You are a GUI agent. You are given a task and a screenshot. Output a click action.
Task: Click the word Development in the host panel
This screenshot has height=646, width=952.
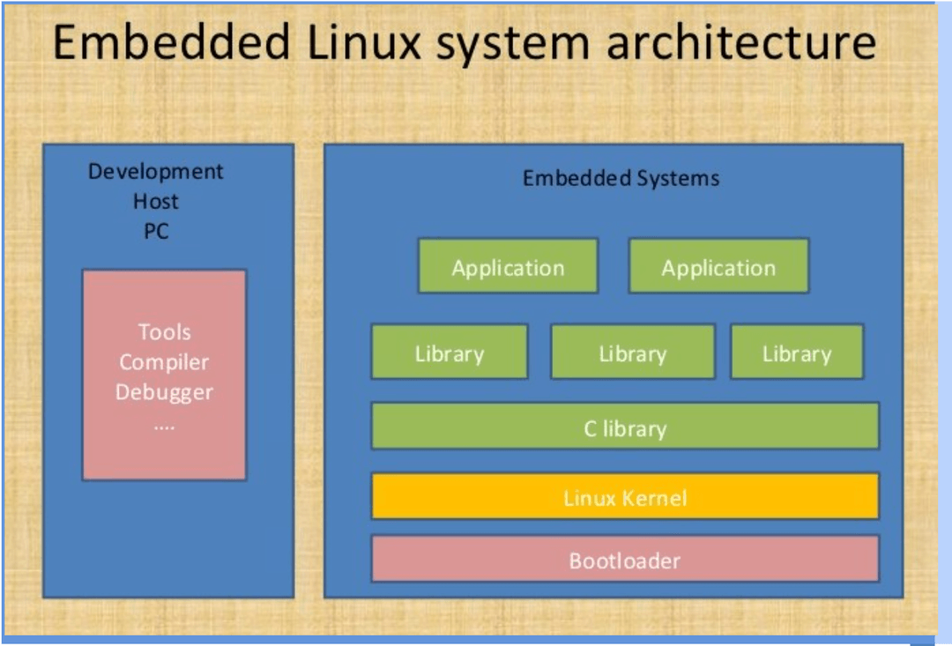[156, 171]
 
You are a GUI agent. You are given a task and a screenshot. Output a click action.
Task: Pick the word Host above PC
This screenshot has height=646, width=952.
[156, 202]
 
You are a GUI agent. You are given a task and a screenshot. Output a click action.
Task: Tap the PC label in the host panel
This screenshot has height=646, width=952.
[156, 232]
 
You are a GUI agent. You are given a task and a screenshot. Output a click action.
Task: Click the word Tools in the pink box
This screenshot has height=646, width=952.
[164, 332]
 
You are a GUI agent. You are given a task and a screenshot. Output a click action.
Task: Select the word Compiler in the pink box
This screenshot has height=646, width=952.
[164, 362]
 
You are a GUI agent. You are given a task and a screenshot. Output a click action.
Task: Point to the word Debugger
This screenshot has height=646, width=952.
[164, 392]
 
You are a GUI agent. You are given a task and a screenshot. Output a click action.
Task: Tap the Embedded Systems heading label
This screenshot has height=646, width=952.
[621, 179]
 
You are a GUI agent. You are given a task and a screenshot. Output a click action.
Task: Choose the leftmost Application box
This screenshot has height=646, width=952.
[508, 266]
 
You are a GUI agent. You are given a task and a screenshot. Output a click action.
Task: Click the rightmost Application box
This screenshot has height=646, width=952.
[718, 266]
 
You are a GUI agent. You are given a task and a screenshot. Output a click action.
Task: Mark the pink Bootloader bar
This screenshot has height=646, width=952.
[625, 559]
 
